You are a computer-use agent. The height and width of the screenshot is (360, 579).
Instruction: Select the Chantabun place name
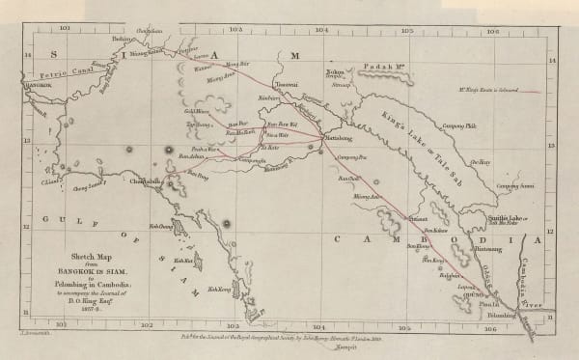(149, 180)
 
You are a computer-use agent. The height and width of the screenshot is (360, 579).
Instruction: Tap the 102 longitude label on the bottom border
(146, 325)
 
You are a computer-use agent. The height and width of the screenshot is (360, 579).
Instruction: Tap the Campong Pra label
(351, 156)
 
